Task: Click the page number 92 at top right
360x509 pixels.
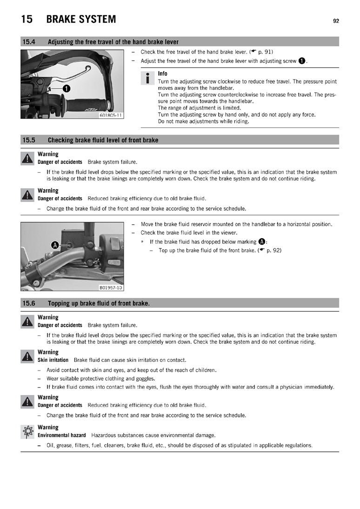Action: tap(336, 21)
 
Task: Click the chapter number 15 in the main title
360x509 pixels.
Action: tap(27, 19)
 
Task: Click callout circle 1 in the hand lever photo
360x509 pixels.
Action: tap(67, 88)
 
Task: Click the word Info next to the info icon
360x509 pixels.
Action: tap(162, 74)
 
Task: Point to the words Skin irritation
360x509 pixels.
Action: tap(53, 360)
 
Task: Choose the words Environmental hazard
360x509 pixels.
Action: tap(61, 435)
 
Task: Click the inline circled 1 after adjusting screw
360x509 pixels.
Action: tap(302, 61)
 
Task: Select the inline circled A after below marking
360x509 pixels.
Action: tap(262, 241)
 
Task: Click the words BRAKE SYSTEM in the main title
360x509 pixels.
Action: tap(81, 19)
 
